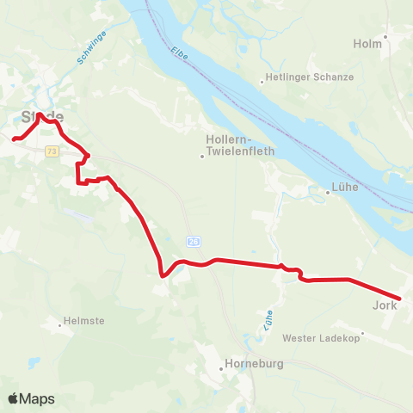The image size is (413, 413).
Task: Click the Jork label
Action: click(x=384, y=305)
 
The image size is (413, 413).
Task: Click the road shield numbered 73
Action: click(x=52, y=151)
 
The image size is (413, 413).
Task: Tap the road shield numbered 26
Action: click(x=194, y=242)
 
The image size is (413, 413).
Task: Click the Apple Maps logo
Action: click(x=31, y=398)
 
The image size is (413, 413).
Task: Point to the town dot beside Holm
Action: click(x=386, y=36)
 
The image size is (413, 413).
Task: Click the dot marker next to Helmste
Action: click(x=60, y=325)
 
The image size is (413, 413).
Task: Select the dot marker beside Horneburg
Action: click(x=226, y=364)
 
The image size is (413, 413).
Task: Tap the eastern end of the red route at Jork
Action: click(x=399, y=299)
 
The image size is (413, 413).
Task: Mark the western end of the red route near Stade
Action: click(x=13, y=139)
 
